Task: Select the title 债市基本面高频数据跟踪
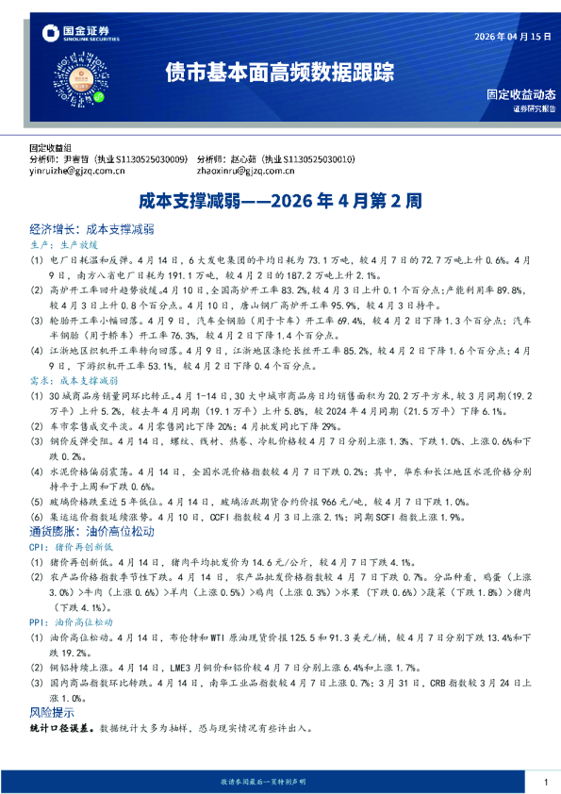click(x=280, y=72)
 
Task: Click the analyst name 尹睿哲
click(x=90, y=159)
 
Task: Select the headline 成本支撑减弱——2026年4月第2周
click(x=280, y=201)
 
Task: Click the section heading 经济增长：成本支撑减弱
click(x=91, y=229)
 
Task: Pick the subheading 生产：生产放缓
click(x=63, y=242)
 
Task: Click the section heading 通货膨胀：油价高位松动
click(x=91, y=531)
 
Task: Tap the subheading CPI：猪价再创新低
click(x=70, y=545)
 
